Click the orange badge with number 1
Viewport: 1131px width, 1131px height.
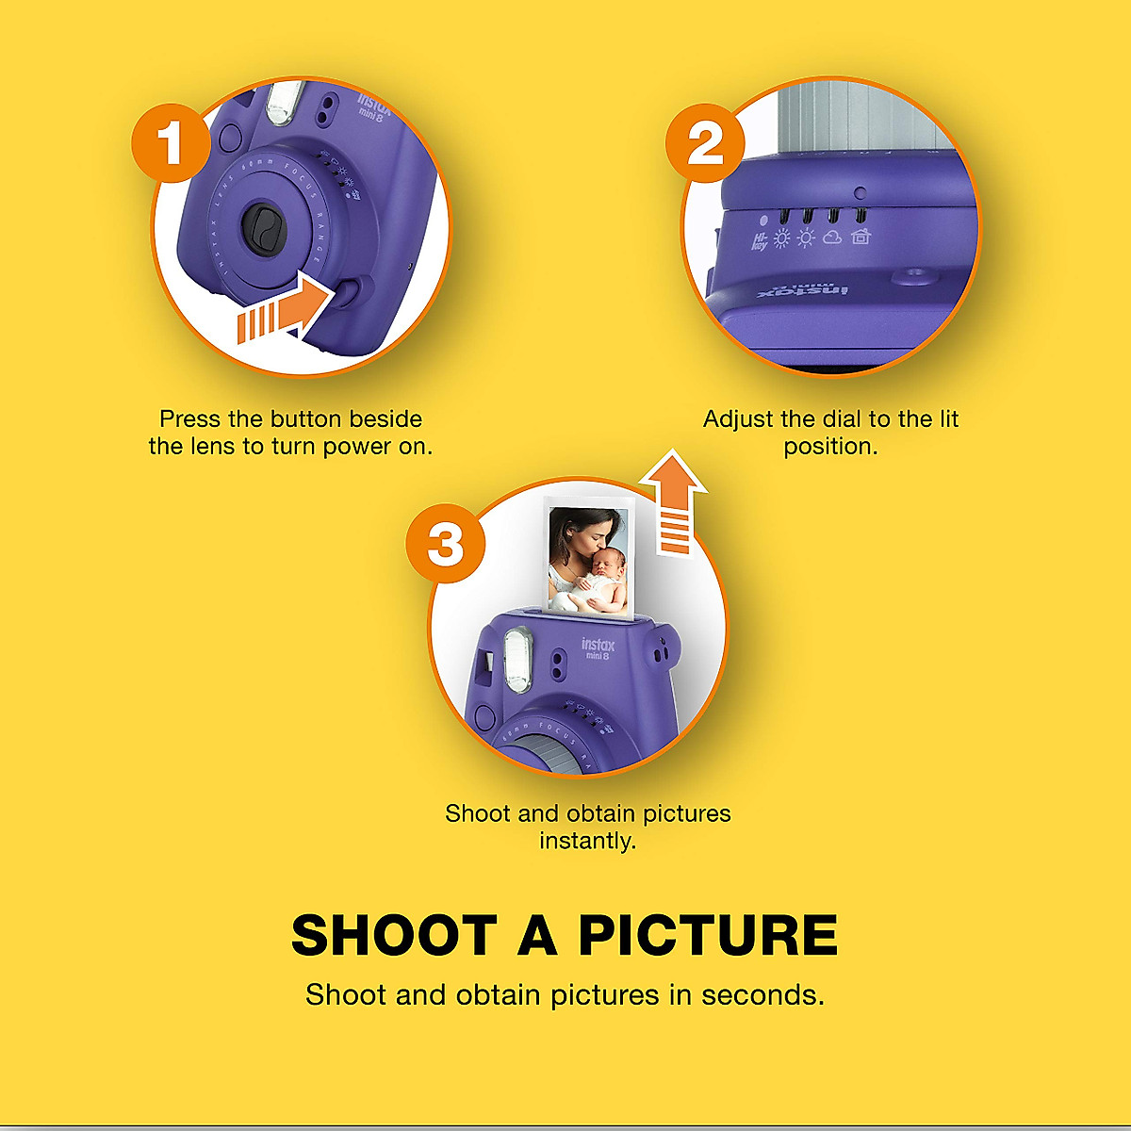(171, 143)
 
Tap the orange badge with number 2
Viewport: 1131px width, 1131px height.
(705, 143)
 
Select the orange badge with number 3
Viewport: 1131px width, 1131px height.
(446, 544)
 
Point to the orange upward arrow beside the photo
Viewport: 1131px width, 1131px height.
(674, 500)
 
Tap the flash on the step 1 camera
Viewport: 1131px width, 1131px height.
(282, 104)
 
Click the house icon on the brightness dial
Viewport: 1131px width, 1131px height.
(861, 238)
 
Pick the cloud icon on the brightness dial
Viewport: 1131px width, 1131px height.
(832, 238)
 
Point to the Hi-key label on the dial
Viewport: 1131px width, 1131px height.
(760, 241)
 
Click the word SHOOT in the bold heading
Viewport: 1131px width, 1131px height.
(394, 935)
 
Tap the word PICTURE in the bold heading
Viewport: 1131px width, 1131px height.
(707, 935)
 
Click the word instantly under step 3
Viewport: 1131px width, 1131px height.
(587, 840)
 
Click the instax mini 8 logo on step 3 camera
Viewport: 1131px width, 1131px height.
(598, 648)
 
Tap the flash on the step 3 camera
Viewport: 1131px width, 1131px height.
(517, 657)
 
